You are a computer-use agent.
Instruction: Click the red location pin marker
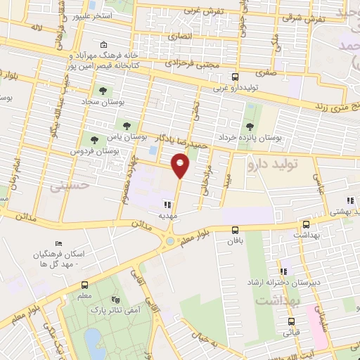pyautogui.click(x=181, y=165)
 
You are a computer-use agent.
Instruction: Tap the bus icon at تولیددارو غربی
pyautogui.click(x=235, y=77)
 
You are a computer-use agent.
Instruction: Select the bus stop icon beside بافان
pyautogui.click(x=236, y=229)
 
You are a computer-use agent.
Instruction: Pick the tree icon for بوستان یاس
pyautogui.click(x=127, y=127)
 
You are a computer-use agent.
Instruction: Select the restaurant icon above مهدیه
pyautogui.click(x=167, y=204)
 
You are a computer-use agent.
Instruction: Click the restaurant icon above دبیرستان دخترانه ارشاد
pyautogui.click(x=283, y=271)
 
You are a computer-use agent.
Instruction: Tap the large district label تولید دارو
pyautogui.click(x=280, y=165)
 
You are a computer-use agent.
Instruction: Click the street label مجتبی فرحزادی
pyautogui.click(x=193, y=64)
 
